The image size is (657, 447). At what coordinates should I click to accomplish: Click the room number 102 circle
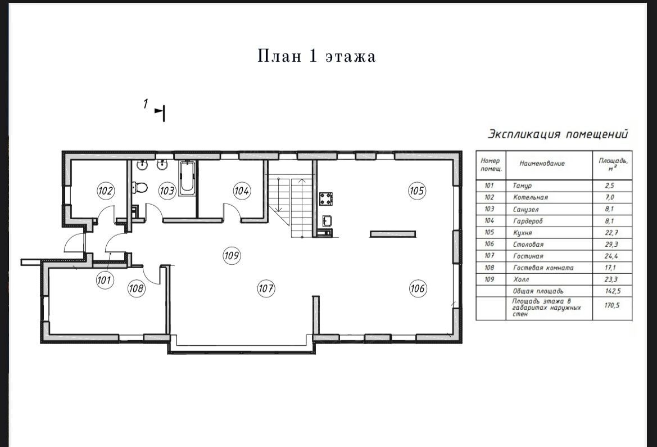(x=105, y=191)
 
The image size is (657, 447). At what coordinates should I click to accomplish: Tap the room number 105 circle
(x=417, y=191)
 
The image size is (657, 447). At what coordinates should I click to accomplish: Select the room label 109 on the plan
(x=232, y=255)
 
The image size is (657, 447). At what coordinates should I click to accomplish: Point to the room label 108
(x=136, y=288)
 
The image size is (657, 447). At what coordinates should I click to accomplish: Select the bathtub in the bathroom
(x=187, y=178)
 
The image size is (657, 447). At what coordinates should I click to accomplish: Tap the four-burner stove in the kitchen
(x=326, y=198)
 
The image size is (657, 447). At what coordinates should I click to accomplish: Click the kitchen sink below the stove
(x=327, y=220)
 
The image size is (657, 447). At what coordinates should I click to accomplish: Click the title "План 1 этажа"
(x=316, y=56)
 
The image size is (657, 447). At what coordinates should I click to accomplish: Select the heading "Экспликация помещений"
(x=558, y=134)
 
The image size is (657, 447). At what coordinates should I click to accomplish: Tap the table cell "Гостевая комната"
(x=543, y=268)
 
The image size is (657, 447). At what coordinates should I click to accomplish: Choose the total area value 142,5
(x=612, y=291)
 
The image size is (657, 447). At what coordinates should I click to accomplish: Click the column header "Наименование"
(x=542, y=164)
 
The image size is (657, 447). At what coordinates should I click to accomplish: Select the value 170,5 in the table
(x=612, y=305)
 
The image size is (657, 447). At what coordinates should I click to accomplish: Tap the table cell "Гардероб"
(x=528, y=221)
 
